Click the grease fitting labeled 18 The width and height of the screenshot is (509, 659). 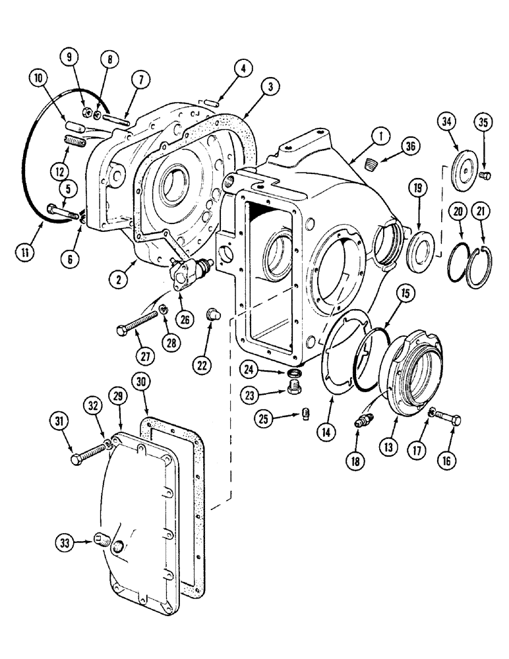[x=363, y=420]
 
